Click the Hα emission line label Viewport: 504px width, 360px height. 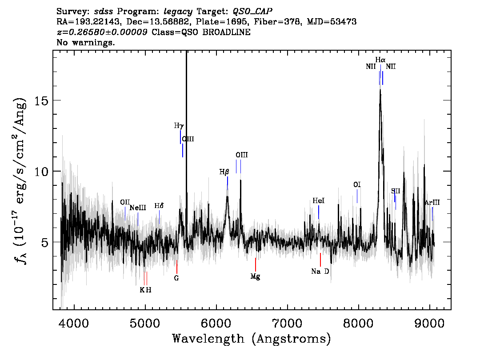pyautogui.click(x=380, y=60)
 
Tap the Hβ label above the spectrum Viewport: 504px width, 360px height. pyautogui.click(x=224, y=172)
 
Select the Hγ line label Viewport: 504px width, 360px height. pyautogui.click(x=179, y=126)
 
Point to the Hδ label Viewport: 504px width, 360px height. pyautogui.click(x=159, y=206)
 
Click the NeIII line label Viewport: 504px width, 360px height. pyautogui.click(x=138, y=208)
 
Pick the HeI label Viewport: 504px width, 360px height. pyautogui.click(x=319, y=201)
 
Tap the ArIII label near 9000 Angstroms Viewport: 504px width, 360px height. pyautogui.click(x=432, y=203)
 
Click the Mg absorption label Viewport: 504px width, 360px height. pyautogui.click(x=255, y=276)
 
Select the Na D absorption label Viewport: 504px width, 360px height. pyautogui.click(x=320, y=272)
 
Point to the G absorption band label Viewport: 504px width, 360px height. pyautogui.click(x=176, y=278)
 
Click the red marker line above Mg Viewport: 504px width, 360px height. pyautogui.click(x=256, y=264)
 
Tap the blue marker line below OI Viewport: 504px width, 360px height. pyautogui.click(x=357, y=196)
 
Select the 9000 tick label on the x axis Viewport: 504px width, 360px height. pyautogui.click(x=429, y=323)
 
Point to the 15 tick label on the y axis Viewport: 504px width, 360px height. pyautogui.click(x=41, y=100)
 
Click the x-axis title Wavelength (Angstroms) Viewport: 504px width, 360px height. pyautogui.click(x=252, y=339)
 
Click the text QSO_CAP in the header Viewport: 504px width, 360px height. pyautogui.click(x=252, y=12)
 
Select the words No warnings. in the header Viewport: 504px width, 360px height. pyautogui.click(x=85, y=42)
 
